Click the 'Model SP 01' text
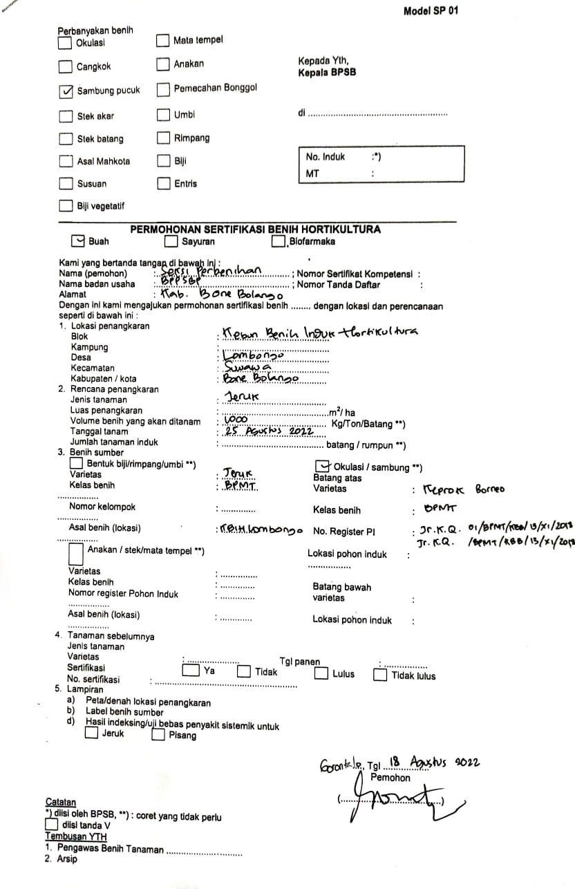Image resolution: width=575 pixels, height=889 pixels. click(x=430, y=10)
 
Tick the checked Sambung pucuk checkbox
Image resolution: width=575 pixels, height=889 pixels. click(x=66, y=91)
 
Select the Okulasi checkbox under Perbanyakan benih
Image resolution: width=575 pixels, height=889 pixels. click(x=65, y=43)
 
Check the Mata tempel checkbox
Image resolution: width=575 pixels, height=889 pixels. click(x=162, y=41)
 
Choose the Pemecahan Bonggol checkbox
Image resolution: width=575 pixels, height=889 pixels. click(x=163, y=89)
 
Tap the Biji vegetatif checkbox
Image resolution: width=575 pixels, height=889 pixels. click(x=66, y=206)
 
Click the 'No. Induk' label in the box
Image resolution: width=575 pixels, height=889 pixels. click(x=325, y=157)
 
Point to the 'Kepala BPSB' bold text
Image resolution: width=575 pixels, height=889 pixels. click(x=327, y=72)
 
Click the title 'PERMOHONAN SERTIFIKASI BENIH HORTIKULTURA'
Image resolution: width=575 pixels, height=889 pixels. click(x=255, y=230)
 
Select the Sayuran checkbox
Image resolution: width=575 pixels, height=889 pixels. click(x=171, y=242)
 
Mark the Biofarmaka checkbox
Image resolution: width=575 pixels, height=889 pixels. click(x=279, y=242)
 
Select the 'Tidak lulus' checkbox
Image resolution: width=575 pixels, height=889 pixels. click(x=380, y=675)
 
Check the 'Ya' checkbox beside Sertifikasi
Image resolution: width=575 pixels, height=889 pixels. click(x=189, y=671)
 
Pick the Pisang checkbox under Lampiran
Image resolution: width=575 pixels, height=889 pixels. click(x=158, y=735)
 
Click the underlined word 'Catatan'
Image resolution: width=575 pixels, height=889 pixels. click(x=61, y=802)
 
